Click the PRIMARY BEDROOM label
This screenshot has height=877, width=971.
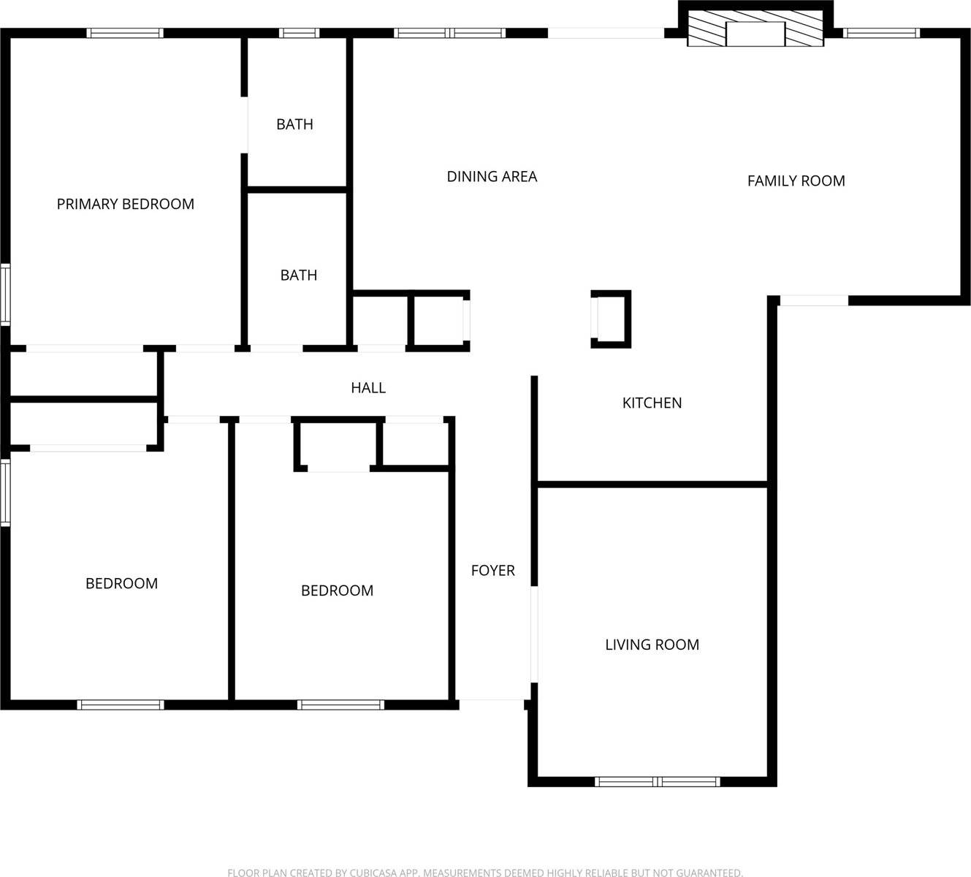(x=126, y=205)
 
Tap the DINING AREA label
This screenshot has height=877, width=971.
(x=492, y=177)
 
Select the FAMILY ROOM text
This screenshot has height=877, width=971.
(x=796, y=181)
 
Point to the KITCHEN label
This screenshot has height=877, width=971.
(x=652, y=403)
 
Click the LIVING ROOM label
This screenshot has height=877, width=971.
(x=652, y=645)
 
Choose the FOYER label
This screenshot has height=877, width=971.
(x=492, y=571)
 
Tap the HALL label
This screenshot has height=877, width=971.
(x=368, y=388)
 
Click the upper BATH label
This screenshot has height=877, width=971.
(x=294, y=125)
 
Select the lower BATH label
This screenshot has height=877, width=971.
(x=299, y=276)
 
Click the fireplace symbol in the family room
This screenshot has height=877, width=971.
(x=755, y=34)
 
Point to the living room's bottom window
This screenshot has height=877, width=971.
(x=658, y=782)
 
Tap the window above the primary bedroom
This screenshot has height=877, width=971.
(x=125, y=33)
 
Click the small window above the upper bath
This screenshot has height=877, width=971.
(x=300, y=33)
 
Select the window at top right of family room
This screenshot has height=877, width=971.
(x=881, y=33)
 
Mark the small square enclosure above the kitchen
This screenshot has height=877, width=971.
(x=611, y=319)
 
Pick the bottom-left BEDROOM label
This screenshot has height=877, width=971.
(x=121, y=584)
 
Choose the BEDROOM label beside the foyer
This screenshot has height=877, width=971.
(x=337, y=591)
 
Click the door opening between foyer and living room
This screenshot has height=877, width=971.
(x=534, y=634)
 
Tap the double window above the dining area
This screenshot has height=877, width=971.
(x=450, y=33)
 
